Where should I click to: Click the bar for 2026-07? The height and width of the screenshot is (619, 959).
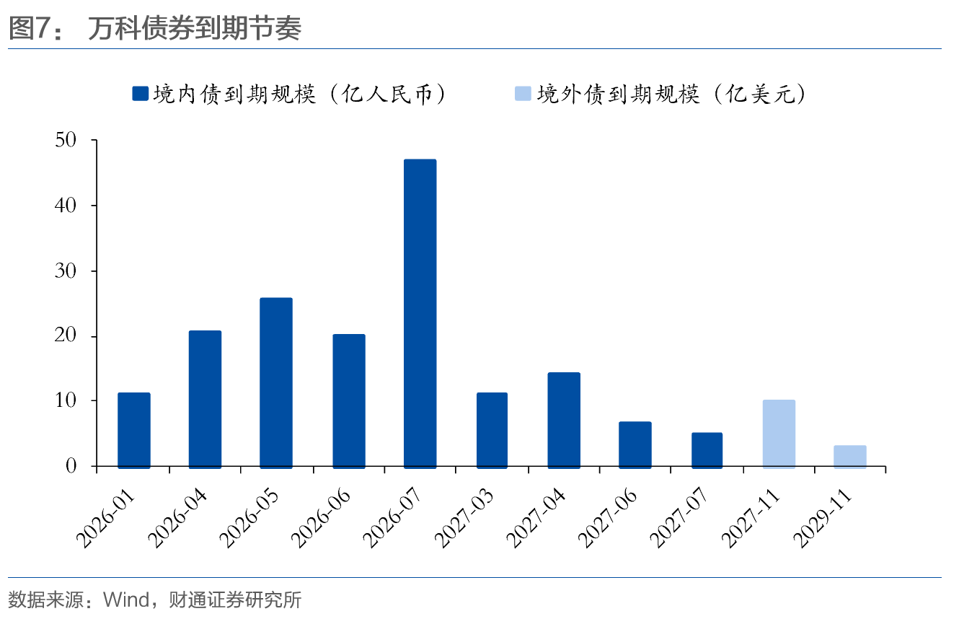pos(420,313)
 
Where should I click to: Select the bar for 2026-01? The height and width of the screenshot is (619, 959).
pos(134,430)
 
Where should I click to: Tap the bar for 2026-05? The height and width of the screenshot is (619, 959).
pos(276,382)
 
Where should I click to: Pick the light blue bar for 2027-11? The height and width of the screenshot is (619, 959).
pos(779,434)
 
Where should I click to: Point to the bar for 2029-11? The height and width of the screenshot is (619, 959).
pos(850,457)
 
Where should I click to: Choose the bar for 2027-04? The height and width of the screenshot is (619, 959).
pos(563,420)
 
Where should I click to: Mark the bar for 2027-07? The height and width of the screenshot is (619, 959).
pos(707,450)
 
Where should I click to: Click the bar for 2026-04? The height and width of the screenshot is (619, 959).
pos(205,399)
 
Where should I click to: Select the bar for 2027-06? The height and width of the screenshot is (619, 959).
pos(635,444)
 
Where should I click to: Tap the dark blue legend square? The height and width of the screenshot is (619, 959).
pos(140,94)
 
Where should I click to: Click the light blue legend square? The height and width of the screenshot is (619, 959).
pos(523,94)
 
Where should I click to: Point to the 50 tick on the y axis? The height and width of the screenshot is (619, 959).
pos(66,140)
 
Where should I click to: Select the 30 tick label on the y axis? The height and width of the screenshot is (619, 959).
pos(66,271)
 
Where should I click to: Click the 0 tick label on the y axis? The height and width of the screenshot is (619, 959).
pos(71,467)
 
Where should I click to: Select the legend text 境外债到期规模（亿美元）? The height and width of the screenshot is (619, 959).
pos(671,94)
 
